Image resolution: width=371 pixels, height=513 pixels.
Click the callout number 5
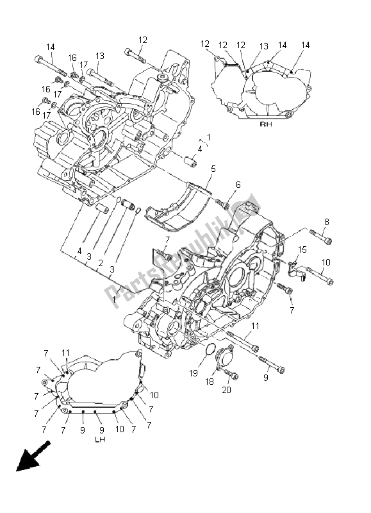pos(213,169)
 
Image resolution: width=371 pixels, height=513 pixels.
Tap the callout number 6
pos(238,185)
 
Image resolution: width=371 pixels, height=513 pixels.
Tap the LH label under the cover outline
pos(100,440)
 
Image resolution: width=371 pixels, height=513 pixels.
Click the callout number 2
pos(101,263)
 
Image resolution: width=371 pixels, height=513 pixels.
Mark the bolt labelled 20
pos(233,376)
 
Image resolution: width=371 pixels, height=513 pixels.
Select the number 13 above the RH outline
pos(264,46)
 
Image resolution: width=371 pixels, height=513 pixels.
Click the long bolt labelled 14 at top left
pos(47,62)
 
